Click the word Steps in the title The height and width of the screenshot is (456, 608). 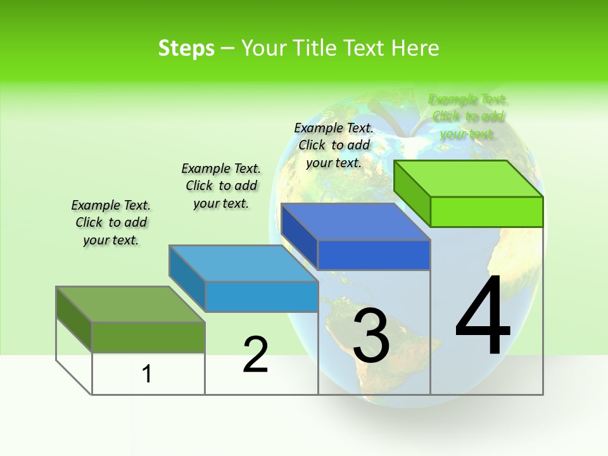[186, 48]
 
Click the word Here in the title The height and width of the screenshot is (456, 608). [415, 48]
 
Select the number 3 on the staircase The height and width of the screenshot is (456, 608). [371, 336]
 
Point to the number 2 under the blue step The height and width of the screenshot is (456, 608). [255, 355]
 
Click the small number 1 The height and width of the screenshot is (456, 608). [147, 374]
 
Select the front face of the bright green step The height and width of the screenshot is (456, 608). [486, 212]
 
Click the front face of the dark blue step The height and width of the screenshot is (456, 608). [374, 255]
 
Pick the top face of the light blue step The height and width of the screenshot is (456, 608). [244, 263]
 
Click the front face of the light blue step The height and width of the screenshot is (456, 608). [262, 296]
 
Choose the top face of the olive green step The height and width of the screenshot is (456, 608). [130, 305]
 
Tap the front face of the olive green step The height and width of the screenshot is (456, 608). [148, 337]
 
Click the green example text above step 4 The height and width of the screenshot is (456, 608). [467, 117]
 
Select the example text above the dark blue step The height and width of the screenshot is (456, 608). [334, 145]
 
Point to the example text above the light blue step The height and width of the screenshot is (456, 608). [221, 186]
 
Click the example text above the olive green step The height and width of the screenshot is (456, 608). [111, 222]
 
